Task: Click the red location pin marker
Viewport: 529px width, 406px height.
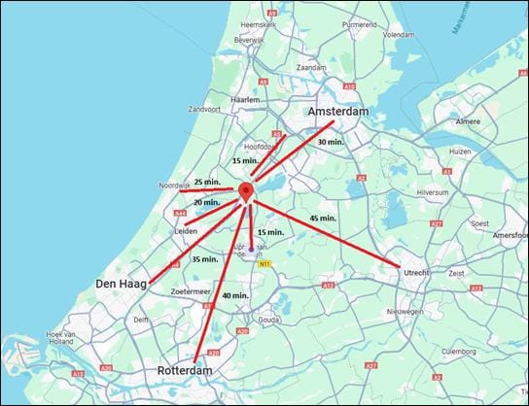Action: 247,190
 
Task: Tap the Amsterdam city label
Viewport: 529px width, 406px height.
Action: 338,113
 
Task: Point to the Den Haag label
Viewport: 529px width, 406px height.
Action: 121,284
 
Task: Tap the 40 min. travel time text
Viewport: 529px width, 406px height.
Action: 234,295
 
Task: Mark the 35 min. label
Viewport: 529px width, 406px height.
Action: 204,259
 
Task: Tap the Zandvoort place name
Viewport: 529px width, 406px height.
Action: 206,109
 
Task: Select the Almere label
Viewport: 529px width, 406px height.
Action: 469,122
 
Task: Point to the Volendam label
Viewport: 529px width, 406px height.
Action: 399,34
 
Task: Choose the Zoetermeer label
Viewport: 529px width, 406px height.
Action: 191,291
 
